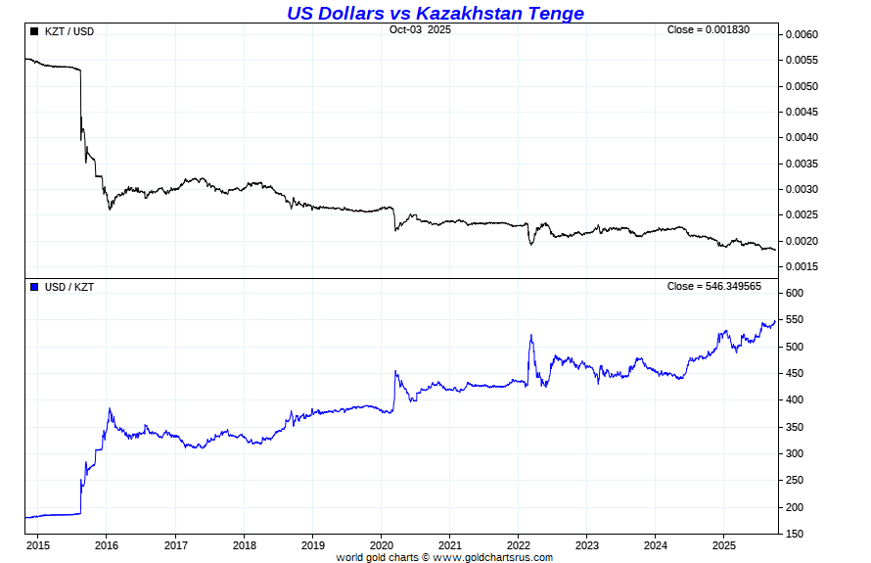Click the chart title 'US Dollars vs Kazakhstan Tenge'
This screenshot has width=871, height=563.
click(435, 13)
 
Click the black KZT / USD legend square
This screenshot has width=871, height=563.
click(35, 31)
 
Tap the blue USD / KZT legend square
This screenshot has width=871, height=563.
click(35, 287)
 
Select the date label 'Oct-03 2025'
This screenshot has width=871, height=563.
click(420, 30)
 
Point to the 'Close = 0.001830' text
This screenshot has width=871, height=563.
click(708, 30)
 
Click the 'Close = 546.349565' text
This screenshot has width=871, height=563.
click(713, 286)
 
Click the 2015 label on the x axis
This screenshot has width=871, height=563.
click(38, 544)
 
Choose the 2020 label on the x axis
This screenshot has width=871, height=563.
click(381, 544)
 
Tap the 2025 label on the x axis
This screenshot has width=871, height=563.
click(723, 544)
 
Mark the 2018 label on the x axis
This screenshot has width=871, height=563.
click(244, 544)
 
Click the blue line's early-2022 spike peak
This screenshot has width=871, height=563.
click(530, 335)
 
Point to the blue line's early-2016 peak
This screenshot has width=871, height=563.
click(110, 408)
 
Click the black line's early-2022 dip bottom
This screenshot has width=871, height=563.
click(531, 244)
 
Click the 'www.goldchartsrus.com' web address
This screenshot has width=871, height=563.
click(492, 557)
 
